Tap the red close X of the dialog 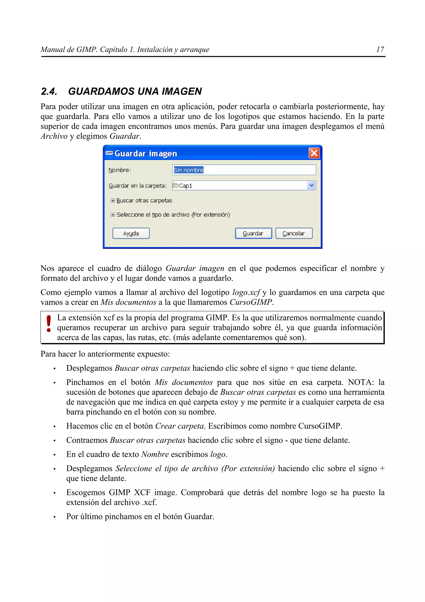coord(314,153)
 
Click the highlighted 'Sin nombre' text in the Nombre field coord(189,170)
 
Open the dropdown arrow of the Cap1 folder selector coord(311,185)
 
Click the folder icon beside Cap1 coord(176,185)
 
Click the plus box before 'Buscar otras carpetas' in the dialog coord(113,200)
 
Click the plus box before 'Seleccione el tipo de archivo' coord(113,214)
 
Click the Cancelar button coord(294,233)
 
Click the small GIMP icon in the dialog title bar coord(109,153)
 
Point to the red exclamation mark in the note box coord(48,324)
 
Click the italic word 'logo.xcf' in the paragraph coord(246,292)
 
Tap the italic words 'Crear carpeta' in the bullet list coord(180,426)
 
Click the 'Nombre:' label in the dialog coord(120,170)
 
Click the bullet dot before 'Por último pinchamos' coord(54,517)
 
